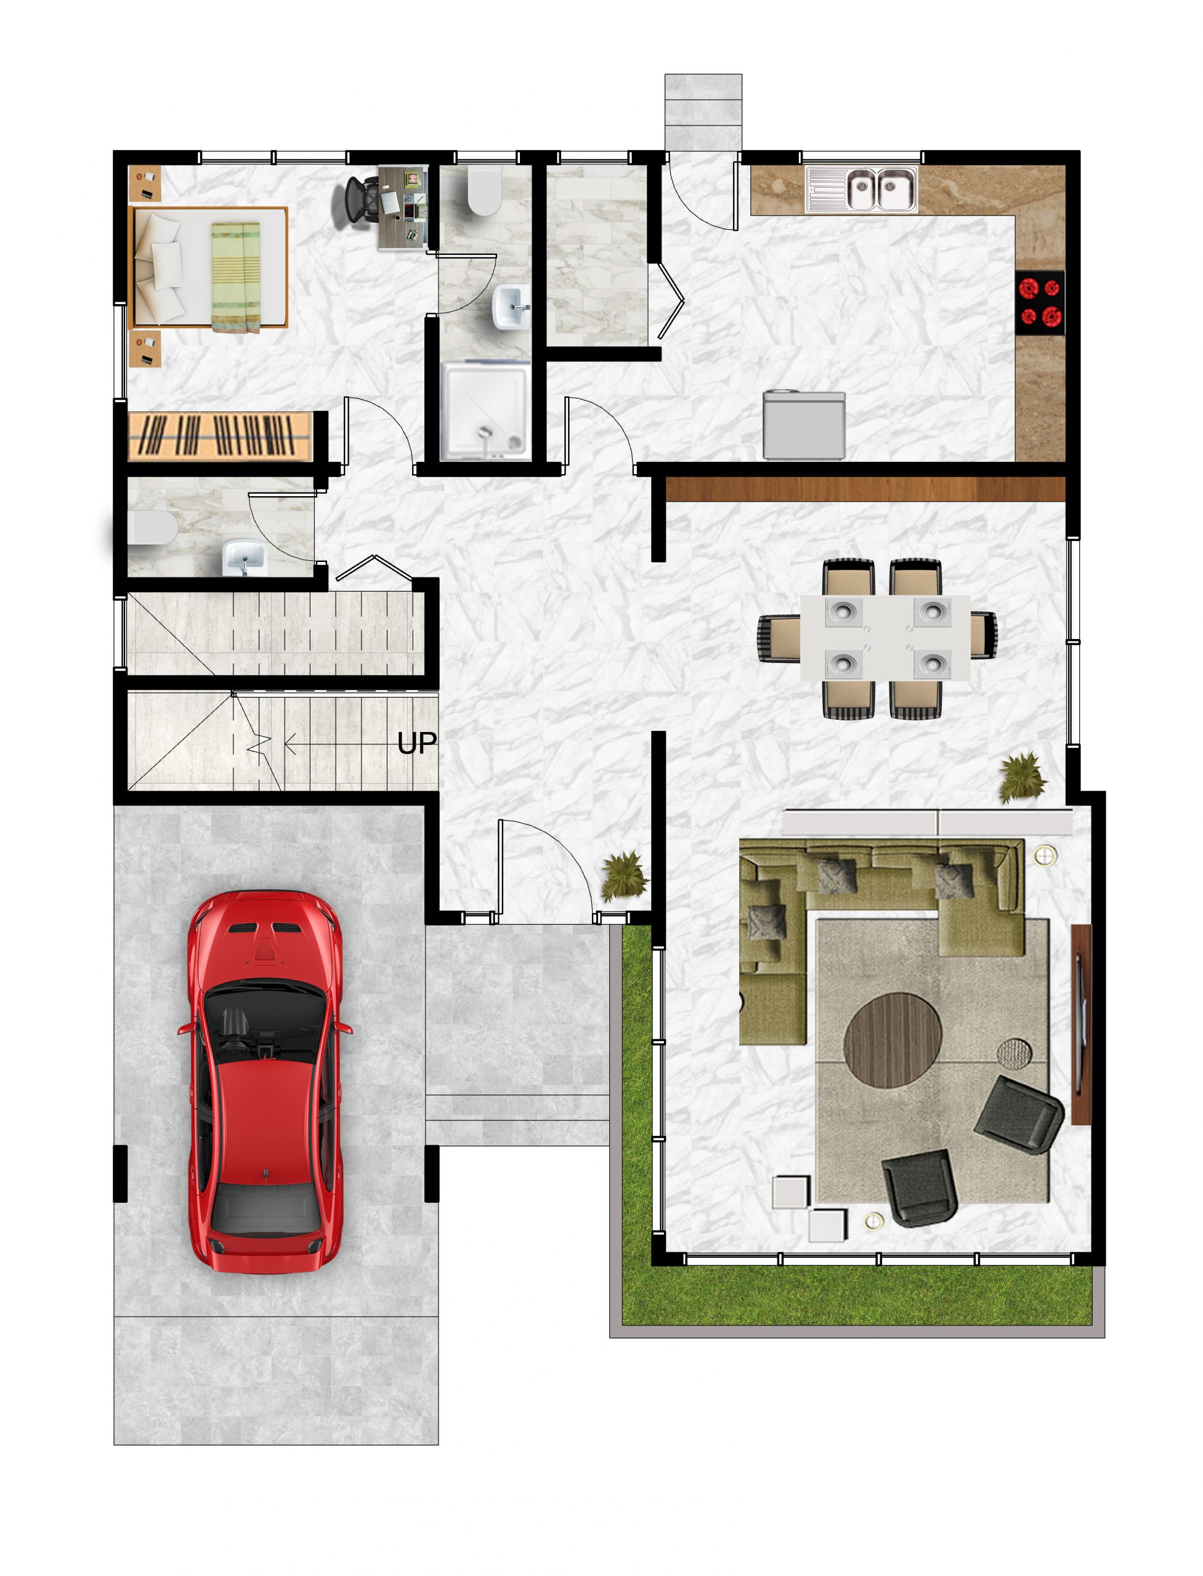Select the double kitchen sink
[880, 190]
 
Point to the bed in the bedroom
[208, 268]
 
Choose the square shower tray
[486, 410]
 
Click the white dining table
[885, 638]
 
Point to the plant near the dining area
[1023, 776]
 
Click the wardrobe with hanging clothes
[221, 435]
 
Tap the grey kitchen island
[803, 425]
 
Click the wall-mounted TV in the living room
[1080, 1023]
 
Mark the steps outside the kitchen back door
[702, 111]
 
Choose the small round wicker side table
[1015, 1053]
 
